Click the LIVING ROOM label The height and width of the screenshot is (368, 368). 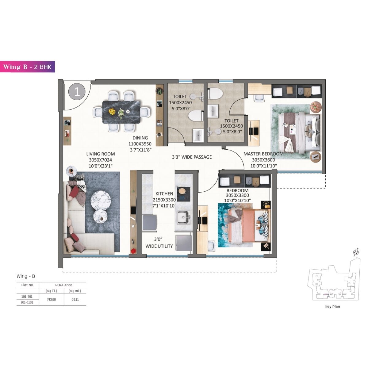[x=101, y=154]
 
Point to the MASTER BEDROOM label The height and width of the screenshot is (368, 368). [x=263, y=154]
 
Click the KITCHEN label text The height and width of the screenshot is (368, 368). [x=164, y=194]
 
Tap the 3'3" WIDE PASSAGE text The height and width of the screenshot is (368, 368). [x=192, y=157]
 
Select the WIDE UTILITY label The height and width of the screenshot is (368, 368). [x=159, y=246]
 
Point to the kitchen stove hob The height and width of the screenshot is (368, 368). [x=183, y=194]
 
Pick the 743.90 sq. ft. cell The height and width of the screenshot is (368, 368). [x=51, y=300]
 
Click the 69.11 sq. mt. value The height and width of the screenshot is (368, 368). [x=75, y=300]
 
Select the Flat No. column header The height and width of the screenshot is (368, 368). [x=28, y=285]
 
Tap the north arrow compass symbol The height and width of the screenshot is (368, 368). [x=356, y=252]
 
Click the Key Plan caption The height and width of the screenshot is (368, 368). [x=332, y=306]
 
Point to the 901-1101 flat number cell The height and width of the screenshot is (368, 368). [x=28, y=302]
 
